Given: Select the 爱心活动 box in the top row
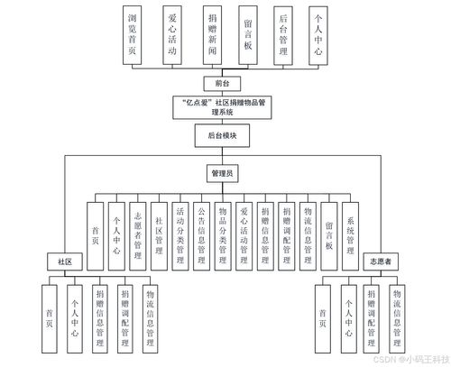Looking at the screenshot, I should coord(171,34).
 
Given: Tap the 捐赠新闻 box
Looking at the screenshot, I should coord(210,34).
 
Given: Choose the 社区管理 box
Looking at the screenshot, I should coord(160,232).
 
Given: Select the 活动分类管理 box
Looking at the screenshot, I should coord(180,232).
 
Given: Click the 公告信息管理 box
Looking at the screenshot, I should coord(201,232).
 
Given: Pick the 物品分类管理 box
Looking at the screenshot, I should coord(222,232).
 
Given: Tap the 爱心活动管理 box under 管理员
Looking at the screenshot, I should coord(243,232).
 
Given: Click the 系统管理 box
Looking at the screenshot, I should coord(351,232).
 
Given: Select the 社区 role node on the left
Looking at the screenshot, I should coord(65,261).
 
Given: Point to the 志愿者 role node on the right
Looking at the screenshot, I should coord(379,261).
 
